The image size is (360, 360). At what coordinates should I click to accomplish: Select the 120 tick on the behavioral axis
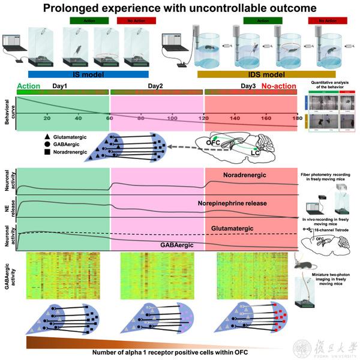(204, 118)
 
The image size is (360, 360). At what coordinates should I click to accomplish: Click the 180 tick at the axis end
(296, 118)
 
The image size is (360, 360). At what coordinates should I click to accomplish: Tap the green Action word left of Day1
(28, 86)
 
